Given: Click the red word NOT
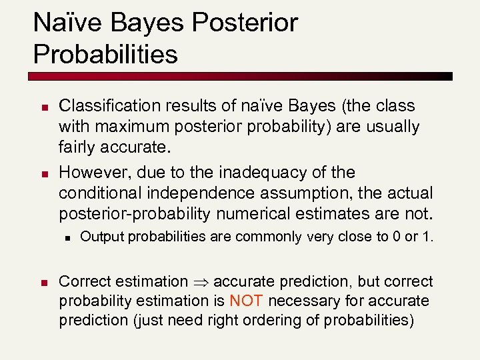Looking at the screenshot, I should point(247,301).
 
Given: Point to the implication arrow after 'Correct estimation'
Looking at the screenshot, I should point(201,282).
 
